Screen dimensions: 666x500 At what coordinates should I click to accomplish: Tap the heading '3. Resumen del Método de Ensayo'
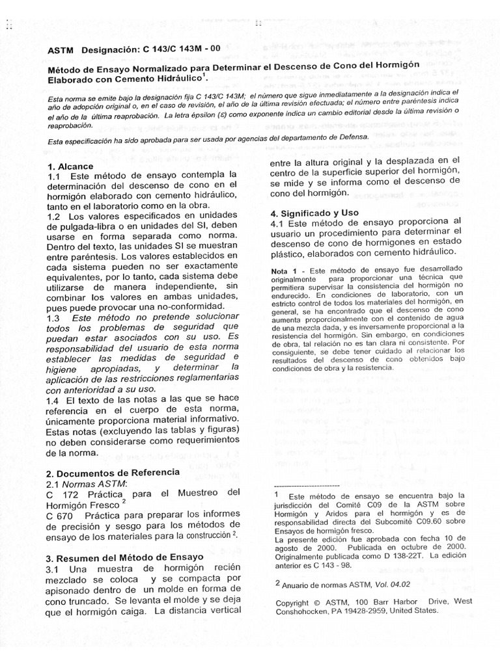point(125,557)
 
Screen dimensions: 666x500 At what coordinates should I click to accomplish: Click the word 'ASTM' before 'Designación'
point(61,51)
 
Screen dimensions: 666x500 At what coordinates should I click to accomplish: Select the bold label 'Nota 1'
point(284,269)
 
